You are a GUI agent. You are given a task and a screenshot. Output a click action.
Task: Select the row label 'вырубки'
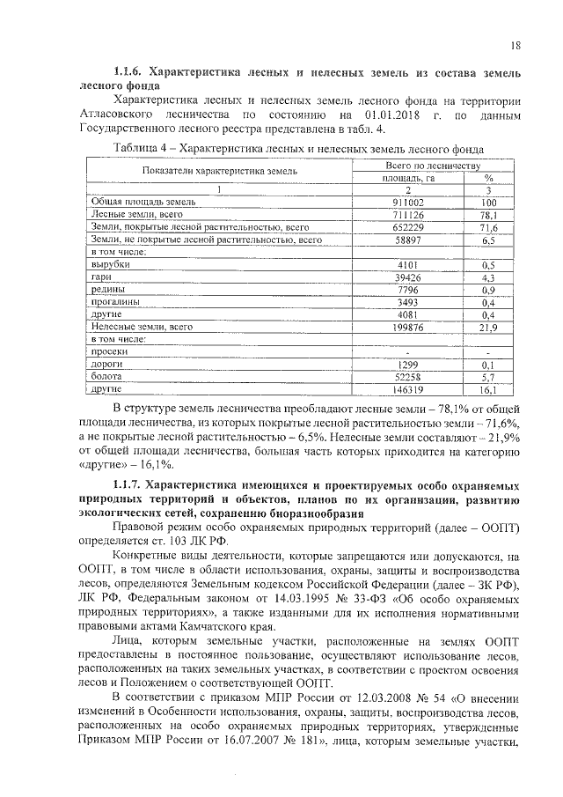(x=111, y=264)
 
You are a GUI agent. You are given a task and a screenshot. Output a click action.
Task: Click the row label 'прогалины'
(x=115, y=301)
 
